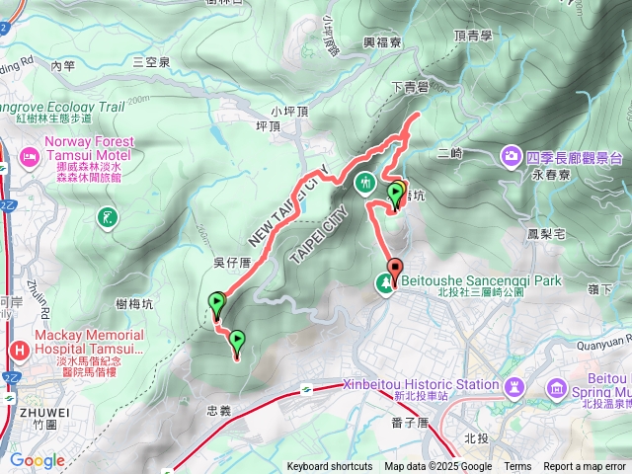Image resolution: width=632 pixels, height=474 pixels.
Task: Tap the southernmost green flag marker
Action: tap(237, 342)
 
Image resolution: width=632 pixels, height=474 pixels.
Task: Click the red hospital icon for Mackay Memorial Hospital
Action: tap(19, 350)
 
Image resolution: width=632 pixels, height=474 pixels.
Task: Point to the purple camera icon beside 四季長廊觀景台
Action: tap(512, 155)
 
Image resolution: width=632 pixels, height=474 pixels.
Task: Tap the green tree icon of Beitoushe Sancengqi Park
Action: tap(383, 283)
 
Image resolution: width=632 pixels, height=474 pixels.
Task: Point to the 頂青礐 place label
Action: tap(474, 35)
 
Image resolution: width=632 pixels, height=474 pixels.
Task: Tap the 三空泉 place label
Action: tap(151, 62)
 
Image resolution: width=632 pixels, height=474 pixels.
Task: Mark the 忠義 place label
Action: tap(219, 409)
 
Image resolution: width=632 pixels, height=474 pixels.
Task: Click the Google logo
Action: tap(38, 460)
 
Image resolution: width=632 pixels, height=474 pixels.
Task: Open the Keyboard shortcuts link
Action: tap(330, 467)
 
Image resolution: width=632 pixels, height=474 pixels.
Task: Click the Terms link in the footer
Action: tap(517, 467)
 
